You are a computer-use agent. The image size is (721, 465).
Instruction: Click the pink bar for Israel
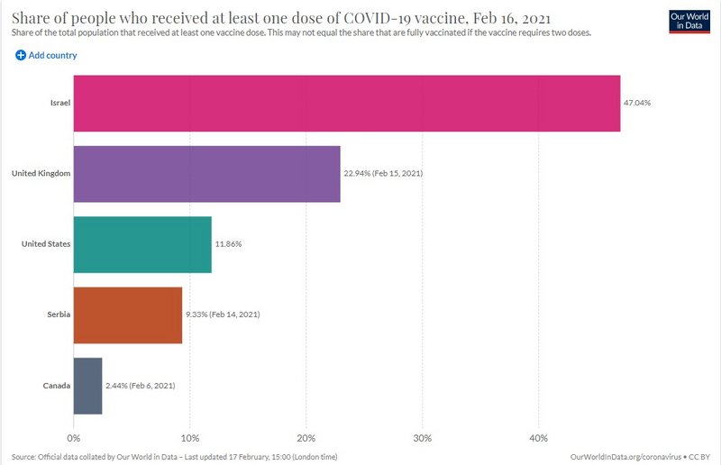point(347,104)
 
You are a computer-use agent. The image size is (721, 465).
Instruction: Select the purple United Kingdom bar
point(207,174)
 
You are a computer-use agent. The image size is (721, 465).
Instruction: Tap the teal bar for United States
point(142,245)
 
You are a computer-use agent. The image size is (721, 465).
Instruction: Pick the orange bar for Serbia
point(128,315)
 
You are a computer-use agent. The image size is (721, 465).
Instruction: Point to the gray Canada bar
point(87,386)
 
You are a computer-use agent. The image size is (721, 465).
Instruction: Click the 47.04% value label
point(637,103)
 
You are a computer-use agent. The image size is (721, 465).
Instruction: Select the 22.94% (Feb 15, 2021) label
point(383,173)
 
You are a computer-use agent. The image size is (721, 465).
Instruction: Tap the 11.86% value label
point(228,244)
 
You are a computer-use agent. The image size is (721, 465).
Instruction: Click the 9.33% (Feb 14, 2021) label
point(223,315)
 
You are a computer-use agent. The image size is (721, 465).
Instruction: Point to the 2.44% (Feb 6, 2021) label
point(141,386)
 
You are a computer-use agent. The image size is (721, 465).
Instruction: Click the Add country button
point(46,55)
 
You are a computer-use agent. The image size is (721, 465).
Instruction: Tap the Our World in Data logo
point(689,22)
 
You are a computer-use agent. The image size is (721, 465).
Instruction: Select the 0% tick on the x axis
point(74,438)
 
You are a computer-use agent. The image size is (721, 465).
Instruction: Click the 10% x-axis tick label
point(190,438)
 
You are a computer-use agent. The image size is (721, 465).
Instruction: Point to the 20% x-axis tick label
point(306,438)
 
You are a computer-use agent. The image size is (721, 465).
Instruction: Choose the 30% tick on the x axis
point(422,438)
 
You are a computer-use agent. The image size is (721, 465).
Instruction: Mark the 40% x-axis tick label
point(538,438)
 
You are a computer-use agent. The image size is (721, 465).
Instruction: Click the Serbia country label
point(59,315)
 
